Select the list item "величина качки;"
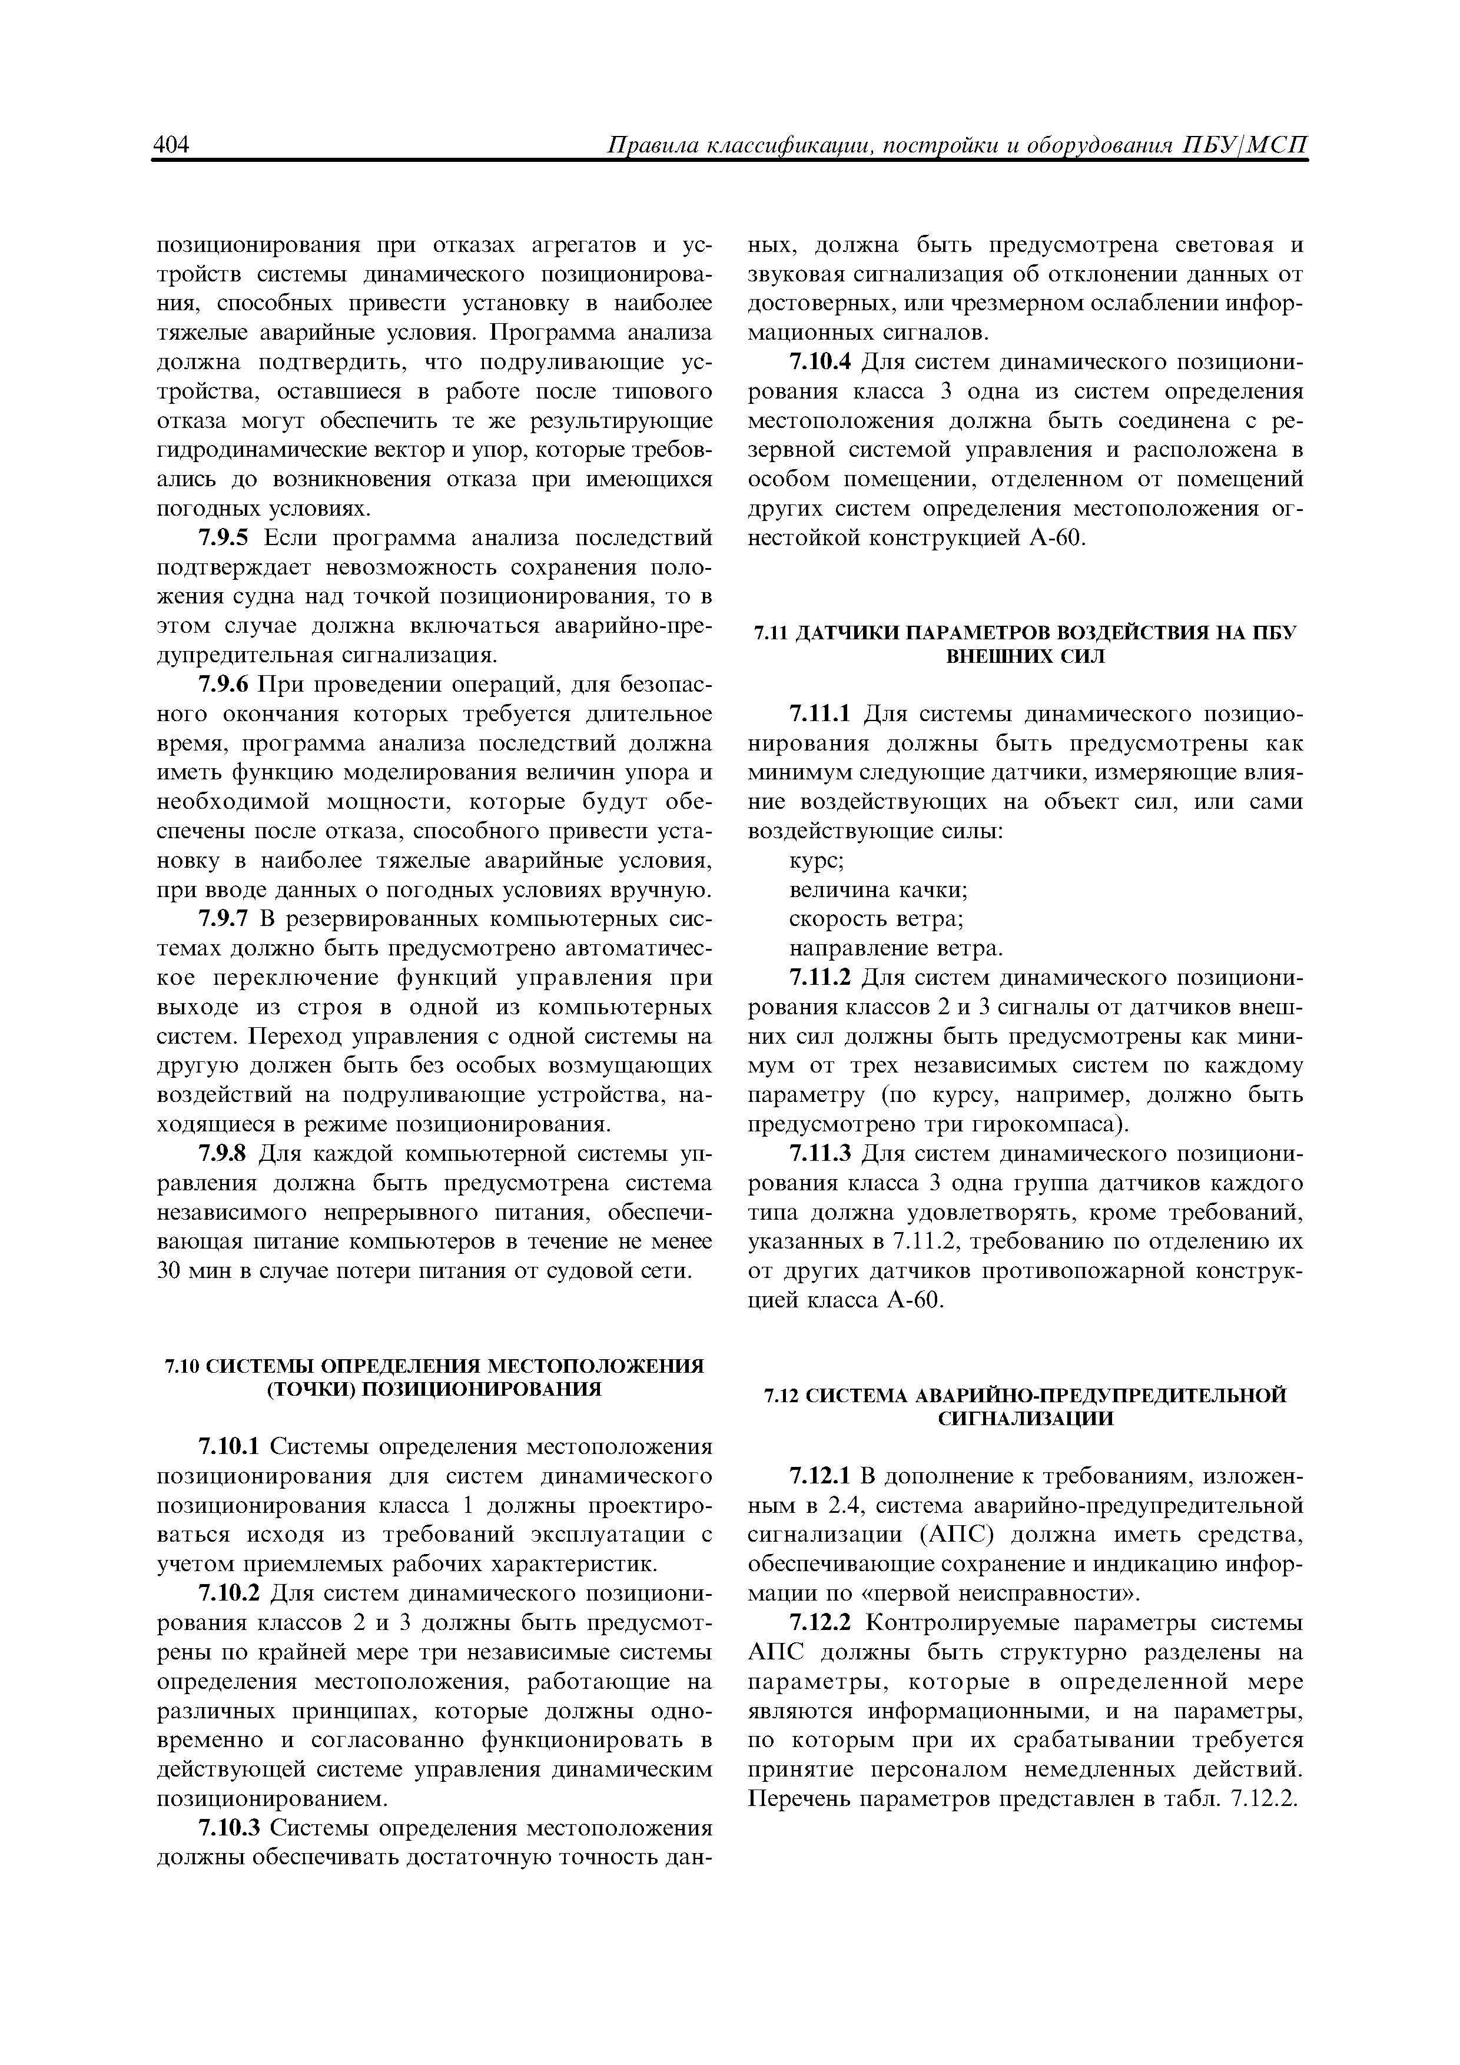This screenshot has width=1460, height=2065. pyautogui.click(x=878, y=891)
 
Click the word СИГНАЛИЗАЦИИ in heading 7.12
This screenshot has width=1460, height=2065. pyautogui.click(x=1026, y=1419)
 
